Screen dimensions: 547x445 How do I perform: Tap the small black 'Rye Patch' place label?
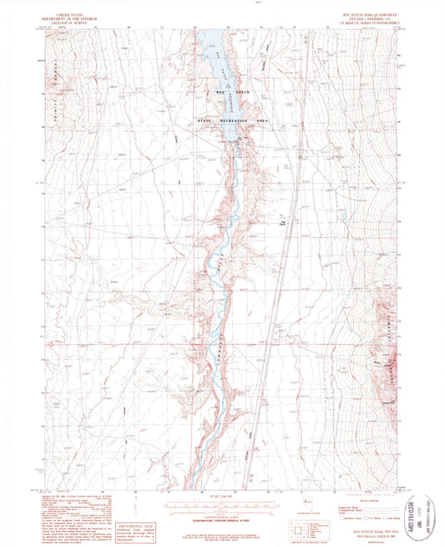(x=285, y=222)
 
